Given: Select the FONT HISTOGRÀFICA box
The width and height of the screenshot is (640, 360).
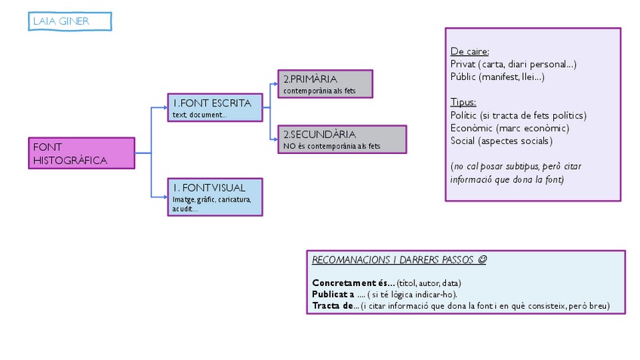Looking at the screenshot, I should pos(83,153).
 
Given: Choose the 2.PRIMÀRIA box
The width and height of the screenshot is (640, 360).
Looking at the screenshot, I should pos(325,84).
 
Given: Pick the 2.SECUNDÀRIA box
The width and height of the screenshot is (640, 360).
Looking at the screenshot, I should pos(342,140).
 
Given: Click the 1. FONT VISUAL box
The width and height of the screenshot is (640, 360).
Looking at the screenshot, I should pos(215,197).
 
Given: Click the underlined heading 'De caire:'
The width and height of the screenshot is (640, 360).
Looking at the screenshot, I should pos(469,52).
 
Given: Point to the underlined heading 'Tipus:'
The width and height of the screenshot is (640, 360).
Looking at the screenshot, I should pos(463,102).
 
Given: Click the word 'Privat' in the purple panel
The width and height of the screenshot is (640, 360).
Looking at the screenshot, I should pos(463,64).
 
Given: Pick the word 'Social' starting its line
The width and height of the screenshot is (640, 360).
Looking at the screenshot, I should pos(463,140).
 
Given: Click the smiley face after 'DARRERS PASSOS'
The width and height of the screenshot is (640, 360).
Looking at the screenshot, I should pos(482,260).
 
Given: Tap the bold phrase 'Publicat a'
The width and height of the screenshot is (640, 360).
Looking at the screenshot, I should pos(333,294).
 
